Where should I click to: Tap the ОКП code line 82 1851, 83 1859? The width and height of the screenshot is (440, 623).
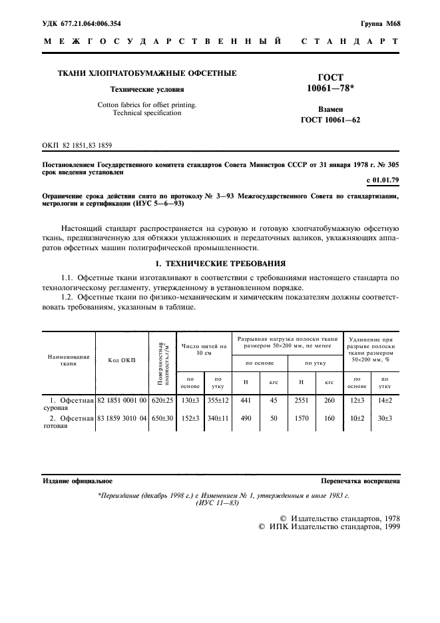(x=77, y=144)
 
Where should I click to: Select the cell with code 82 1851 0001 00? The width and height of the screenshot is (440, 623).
(x=122, y=400)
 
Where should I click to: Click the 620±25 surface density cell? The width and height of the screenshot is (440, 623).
(x=162, y=400)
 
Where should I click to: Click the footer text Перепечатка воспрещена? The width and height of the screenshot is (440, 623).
(x=360, y=480)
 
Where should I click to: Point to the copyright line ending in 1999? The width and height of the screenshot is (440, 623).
(x=329, y=526)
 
